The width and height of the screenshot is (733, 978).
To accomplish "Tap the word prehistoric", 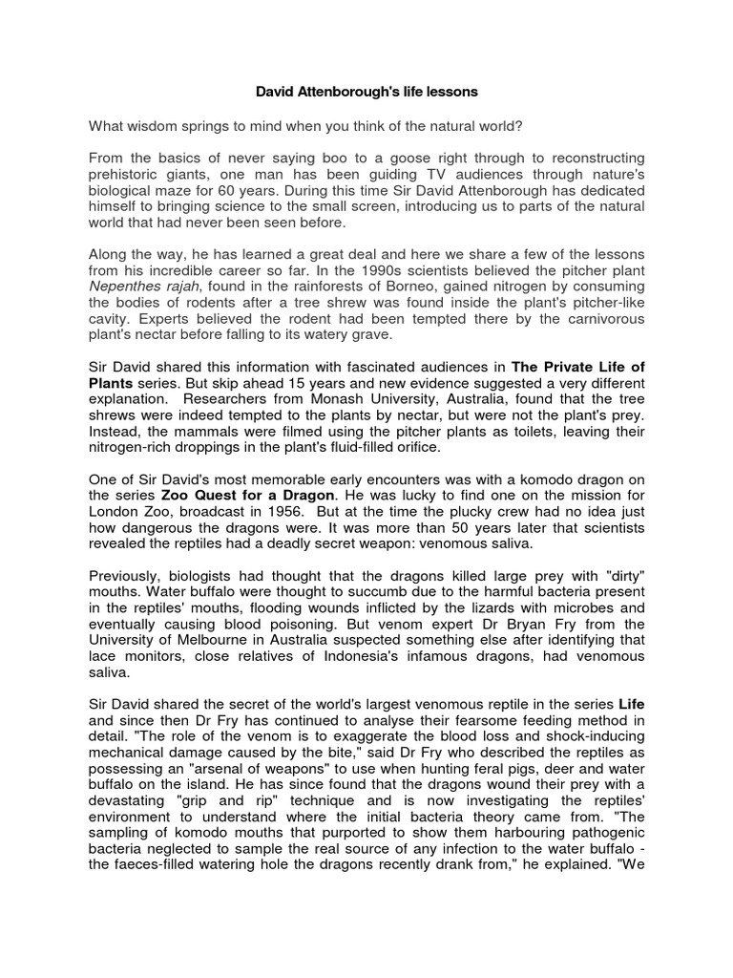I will pos(126,173).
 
